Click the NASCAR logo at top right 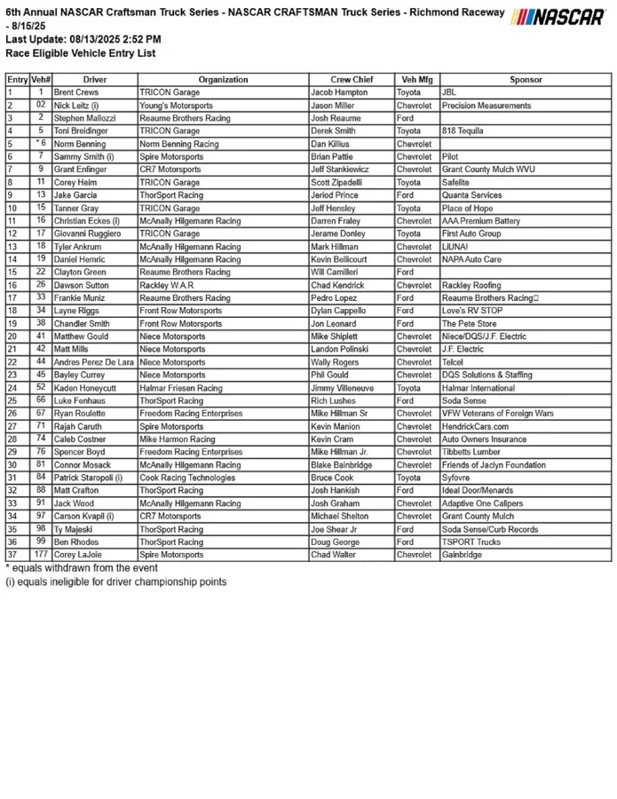559,17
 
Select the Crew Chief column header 352,79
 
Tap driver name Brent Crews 76,92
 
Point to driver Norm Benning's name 80,144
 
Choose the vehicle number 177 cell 41,555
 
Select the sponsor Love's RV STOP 472,312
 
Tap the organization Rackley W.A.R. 166,286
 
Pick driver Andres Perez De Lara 93,362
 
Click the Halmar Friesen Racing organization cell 181,388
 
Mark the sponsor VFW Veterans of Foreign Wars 497,414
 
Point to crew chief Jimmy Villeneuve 344,388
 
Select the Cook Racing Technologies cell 187,478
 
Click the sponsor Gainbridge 462,555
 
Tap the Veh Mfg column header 415,79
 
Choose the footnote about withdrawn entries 82,568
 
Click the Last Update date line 83,40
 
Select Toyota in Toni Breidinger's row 409,131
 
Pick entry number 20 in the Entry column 12,336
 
